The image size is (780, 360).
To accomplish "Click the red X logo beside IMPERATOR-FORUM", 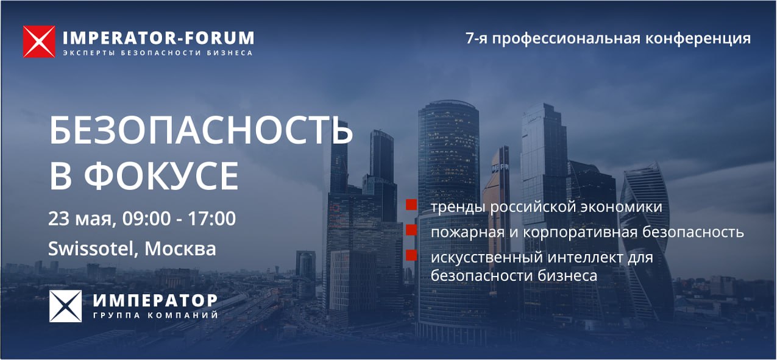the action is (39, 41).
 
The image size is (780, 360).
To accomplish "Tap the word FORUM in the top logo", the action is (219, 38).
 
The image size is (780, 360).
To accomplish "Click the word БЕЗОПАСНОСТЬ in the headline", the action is (201, 130).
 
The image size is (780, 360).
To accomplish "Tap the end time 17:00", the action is (211, 219).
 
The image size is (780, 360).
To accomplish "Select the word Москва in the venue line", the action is (180, 249).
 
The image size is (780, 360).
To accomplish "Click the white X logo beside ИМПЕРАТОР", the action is (65, 306).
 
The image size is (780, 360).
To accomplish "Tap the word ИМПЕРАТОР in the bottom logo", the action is (155, 300).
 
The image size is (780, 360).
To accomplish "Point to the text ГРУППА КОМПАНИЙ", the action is (155, 316).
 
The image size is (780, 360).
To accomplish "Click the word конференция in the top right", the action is (698, 38).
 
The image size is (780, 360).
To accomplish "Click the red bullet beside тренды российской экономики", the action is (411, 205).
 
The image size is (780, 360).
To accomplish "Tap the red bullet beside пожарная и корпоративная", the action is (411, 230).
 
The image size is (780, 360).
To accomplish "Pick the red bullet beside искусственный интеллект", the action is (411, 255).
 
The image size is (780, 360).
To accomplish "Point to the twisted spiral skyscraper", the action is (646, 240).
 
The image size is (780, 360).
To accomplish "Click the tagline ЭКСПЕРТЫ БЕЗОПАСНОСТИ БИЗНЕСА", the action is (158, 53).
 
